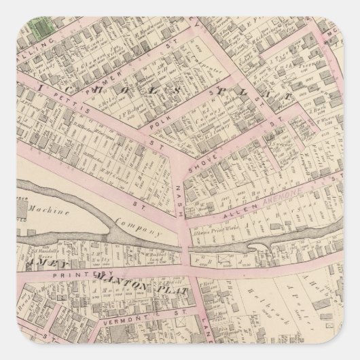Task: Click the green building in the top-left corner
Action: click(43, 28)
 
